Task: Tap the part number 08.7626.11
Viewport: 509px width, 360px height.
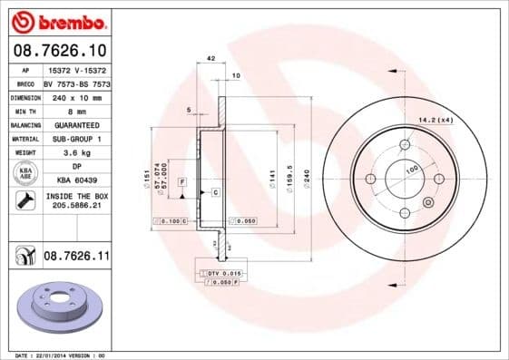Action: coord(76,258)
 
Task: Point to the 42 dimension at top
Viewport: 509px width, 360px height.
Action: coord(210,58)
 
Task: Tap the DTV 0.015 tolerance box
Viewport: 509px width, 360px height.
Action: coord(220,273)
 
